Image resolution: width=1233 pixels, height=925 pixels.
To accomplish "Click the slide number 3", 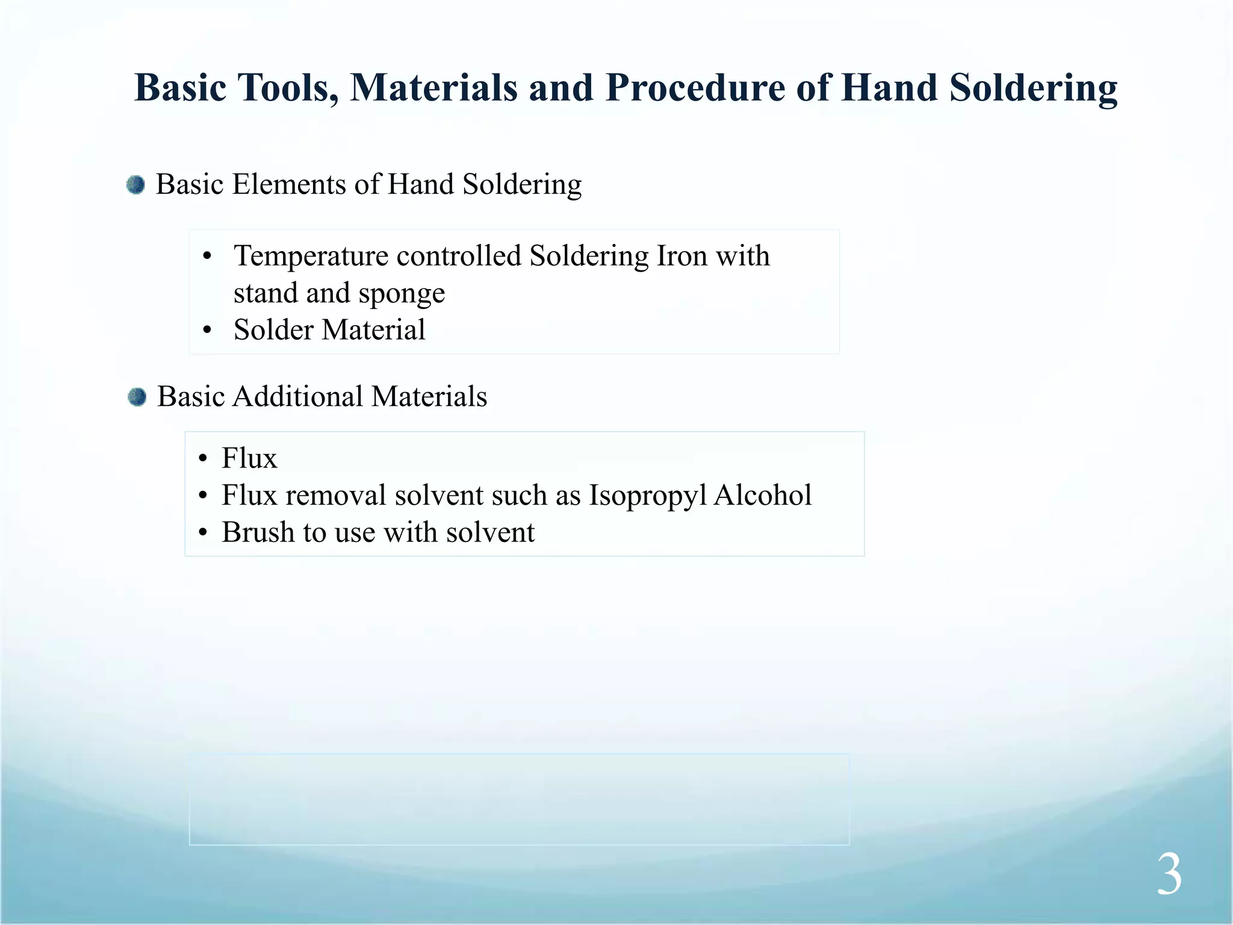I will pyautogui.click(x=1169, y=875).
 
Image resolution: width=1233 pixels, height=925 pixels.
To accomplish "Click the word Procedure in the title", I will pyautogui.click(x=695, y=88).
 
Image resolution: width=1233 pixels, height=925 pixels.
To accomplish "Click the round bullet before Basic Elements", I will pyautogui.click(x=136, y=185).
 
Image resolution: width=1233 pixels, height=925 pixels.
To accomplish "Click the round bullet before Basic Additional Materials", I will pyautogui.click(x=137, y=397).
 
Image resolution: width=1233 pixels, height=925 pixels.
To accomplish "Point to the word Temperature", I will pyautogui.click(x=311, y=257).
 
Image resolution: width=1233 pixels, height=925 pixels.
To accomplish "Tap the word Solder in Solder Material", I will pyautogui.click(x=273, y=330).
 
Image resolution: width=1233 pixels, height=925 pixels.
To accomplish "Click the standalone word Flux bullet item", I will pyautogui.click(x=249, y=458).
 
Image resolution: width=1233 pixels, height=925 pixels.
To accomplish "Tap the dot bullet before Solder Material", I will pyautogui.click(x=208, y=331).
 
